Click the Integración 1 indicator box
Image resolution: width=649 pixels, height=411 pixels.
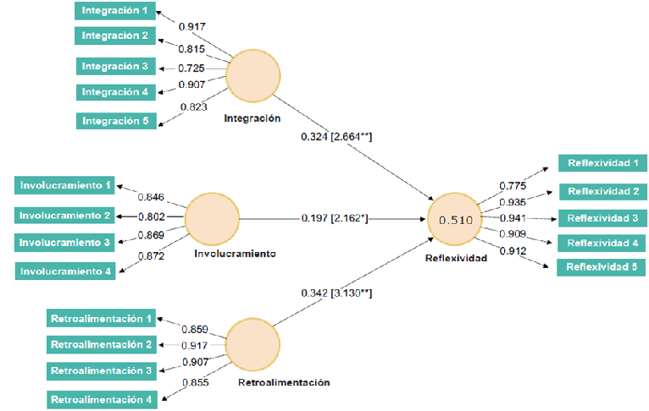(115, 11)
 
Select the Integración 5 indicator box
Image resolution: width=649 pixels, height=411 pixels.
(116, 121)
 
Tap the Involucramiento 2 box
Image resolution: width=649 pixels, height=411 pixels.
(64, 215)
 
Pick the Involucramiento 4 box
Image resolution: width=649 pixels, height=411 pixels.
(65, 271)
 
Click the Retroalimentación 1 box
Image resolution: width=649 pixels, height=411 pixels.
(101, 318)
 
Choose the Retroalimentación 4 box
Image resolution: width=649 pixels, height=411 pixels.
(102, 399)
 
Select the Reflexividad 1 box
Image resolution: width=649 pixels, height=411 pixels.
(602, 162)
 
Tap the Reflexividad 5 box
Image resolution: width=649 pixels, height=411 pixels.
(601, 267)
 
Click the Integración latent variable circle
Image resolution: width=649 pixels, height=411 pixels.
(252, 75)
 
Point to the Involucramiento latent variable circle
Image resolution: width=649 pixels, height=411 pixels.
(212, 219)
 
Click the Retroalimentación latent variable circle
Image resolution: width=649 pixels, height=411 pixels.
(252, 344)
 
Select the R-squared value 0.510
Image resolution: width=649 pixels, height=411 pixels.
(456, 220)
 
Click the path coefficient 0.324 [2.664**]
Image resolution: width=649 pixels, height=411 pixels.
(336, 136)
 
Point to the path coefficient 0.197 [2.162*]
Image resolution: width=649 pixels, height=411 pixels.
(335, 218)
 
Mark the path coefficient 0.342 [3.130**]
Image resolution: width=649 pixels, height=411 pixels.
(336, 293)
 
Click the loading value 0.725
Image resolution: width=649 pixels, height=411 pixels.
(191, 68)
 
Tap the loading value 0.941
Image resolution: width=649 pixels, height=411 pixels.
(513, 218)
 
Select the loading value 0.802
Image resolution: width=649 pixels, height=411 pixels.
(152, 216)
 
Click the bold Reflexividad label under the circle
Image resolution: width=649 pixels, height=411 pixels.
(456, 258)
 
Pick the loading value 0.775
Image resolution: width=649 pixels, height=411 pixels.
(513, 186)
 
